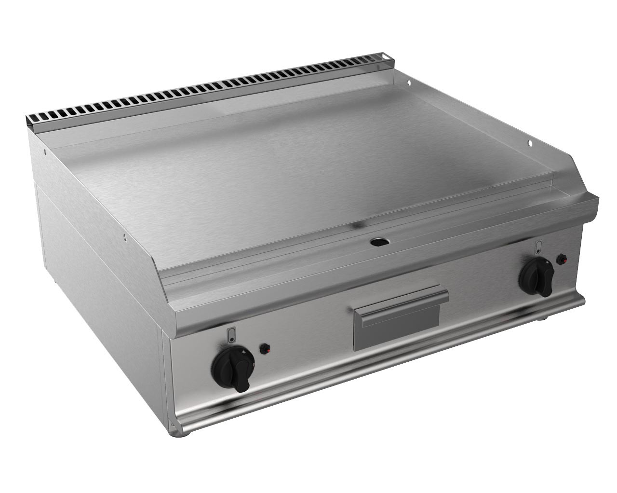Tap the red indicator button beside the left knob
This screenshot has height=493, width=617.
264,349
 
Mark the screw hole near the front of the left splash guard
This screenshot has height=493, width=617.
124,237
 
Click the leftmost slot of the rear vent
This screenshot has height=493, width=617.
32,118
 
